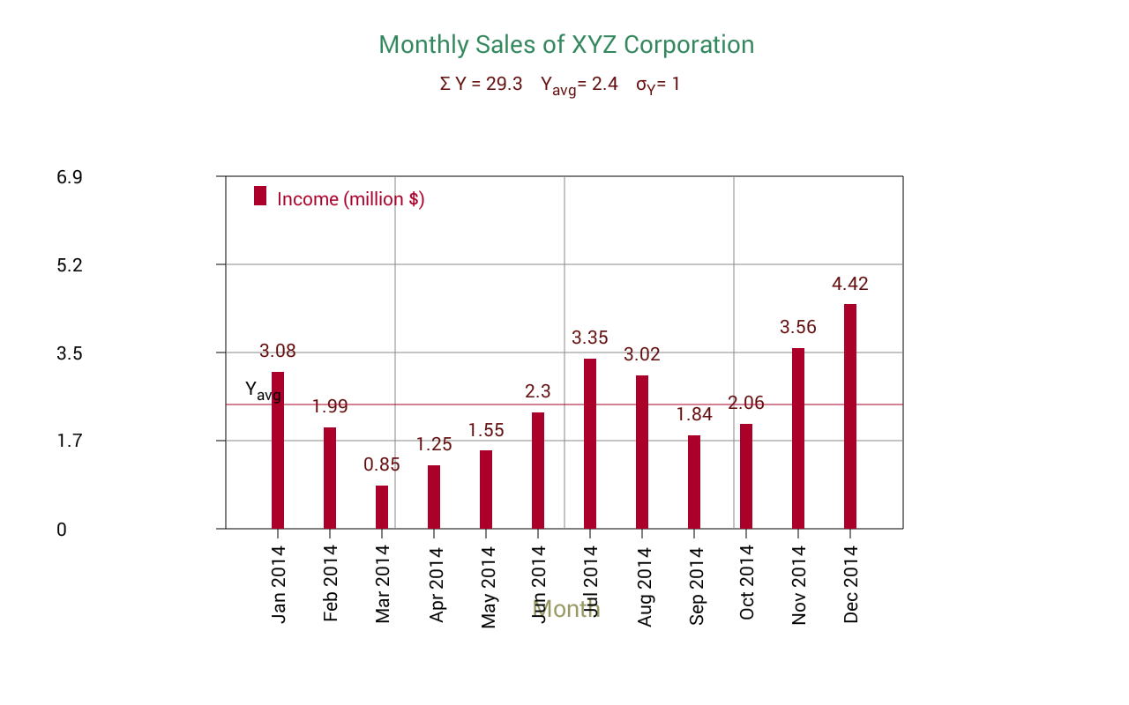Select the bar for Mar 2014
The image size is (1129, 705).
point(382,507)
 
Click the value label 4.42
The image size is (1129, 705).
point(850,284)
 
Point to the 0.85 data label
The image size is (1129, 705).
point(382,464)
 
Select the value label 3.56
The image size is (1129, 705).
point(798,328)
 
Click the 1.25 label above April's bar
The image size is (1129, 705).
point(434,444)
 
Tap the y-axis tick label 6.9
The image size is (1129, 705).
point(70,177)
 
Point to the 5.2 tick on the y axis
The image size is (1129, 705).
point(70,265)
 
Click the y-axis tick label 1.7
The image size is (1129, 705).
point(70,441)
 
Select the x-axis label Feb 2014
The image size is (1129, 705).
point(331,583)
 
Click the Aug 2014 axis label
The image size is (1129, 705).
point(644,586)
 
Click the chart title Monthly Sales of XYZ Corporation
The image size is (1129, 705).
point(566,45)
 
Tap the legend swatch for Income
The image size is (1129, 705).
point(260,196)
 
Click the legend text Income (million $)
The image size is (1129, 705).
point(350,199)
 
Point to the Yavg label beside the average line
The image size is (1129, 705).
point(262,390)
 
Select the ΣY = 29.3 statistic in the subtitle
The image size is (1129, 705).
point(481,85)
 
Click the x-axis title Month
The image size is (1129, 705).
point(566,609)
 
